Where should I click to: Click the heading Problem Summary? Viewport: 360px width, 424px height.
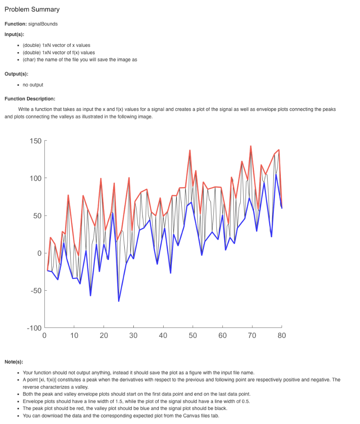pyautogui.click(x=32, y=9)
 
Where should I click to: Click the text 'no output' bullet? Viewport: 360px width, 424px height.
pyautogui.click(x=33, y=84)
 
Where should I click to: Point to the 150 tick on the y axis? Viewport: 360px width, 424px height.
pyautogui.click(x=36, y=141)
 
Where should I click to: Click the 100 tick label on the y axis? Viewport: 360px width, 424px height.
pyautogui.click(x=36, y=178)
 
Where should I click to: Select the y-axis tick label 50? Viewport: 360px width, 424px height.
pyautogui.click(x=37, y=216)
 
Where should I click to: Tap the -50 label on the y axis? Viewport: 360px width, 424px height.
pyautogui.click(x=36, y=291)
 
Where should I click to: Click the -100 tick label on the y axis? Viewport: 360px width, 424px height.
pyautogui.click(x=34, y=328)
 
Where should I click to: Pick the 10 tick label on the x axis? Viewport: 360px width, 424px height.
pyautogui.click(x=74, y=336)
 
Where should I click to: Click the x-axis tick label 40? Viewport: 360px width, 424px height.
pyautogui.click(x=163, y=336)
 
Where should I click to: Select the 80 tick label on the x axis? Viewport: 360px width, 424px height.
pyautogui.click(x=282, y=336)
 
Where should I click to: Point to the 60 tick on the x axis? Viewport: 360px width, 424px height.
pyautogui.click(x=222, y=336)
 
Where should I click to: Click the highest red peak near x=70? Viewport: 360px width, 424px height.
pyautogui.click(x=251, y=146)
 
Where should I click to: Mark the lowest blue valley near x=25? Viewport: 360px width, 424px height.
pyautogui.click(x=118, y=301)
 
